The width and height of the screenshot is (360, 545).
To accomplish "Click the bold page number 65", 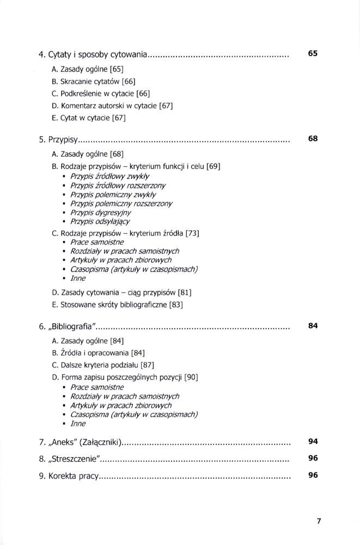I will pyautogui.click(x=313, y=53).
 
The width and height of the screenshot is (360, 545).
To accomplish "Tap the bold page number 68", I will pyautogui.click(x=313, y=138).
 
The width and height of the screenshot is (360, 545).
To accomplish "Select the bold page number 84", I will pyautogui.click(x=313, y=326).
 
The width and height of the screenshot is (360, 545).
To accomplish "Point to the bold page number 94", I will pyautogui.click(x=313, y=441).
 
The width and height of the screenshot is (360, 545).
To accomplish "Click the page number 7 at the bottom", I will pyautogui.click(x=319, y=520).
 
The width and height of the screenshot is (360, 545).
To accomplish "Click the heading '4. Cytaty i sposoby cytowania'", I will pyautogui.click(x=93, y=55).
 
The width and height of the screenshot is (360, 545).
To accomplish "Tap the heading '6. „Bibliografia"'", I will pyautogui.click(x=68, y=327).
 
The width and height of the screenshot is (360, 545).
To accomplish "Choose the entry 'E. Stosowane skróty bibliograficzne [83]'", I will pyautogui.click(x=117, y=305).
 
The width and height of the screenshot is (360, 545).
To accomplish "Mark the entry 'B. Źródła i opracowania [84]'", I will pyautogui.click(x=97, y=353).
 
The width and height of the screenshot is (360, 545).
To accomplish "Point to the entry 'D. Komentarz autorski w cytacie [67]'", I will pyautogui.click(x=112, y=105).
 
